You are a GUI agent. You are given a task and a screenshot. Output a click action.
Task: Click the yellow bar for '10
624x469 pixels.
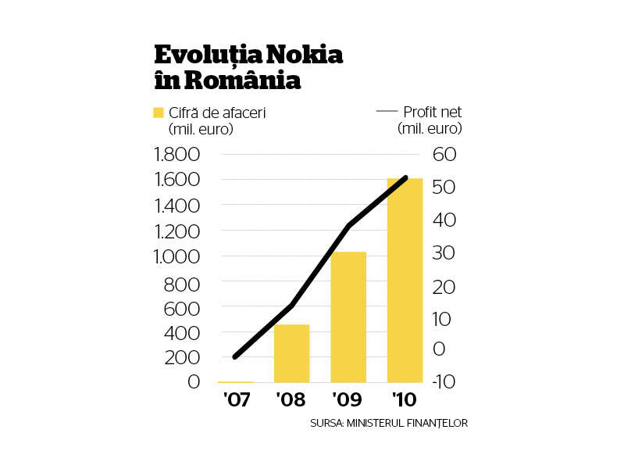coord(405,281)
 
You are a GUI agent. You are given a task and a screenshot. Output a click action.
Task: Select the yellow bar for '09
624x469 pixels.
coord(348,317)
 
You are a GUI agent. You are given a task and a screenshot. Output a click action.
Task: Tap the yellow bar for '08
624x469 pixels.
coord(292,353)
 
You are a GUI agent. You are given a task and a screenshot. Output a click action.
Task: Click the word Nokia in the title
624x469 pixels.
coord(305,55)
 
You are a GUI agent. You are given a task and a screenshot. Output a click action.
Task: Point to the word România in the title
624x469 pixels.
coord(242,80)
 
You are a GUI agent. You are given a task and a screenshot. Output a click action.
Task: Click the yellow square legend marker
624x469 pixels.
coord(159,113)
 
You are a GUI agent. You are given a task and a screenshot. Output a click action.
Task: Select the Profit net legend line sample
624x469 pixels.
coord(387,111)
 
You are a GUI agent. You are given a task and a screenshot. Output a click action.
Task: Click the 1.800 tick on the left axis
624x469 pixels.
coord(177,155)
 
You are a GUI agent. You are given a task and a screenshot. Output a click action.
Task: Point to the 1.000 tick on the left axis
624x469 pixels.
coord(177,257)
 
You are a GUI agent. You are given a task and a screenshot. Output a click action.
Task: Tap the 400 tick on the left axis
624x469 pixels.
coord(182,333)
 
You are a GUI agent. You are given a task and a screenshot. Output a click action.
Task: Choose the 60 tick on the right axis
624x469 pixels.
coord(444,155)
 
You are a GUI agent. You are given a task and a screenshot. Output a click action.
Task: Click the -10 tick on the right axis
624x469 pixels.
coord(444,381)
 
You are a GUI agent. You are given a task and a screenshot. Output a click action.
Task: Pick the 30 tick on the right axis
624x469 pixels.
coord(444,253)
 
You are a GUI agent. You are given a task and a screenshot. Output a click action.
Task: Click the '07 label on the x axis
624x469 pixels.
coord(237,399)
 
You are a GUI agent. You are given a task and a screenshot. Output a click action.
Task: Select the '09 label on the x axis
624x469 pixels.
coord(347,399)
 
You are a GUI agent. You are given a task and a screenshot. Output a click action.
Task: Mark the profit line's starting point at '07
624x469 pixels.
coord(235,356)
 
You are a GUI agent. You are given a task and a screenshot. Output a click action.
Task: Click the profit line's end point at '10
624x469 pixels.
coord(405,177)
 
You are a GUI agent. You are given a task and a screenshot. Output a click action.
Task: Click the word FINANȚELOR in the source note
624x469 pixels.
coord(437,423)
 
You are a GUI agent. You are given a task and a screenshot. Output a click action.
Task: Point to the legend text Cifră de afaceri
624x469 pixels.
coord(217,113)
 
